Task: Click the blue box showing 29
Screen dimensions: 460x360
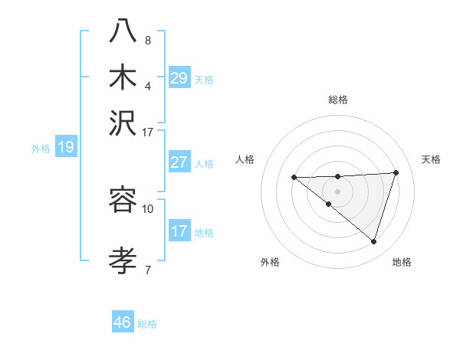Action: [x=179, y=78]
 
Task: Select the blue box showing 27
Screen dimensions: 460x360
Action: [x=179, y=162]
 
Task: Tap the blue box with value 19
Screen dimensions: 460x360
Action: [x=65, y=147]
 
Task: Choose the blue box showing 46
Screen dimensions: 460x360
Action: [x=123, y=322]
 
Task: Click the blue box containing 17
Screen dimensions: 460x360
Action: [x=179, y=231]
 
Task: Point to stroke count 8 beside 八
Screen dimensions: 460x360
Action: [x=148, y=40]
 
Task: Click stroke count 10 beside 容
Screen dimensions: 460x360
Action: [x=148, y=208]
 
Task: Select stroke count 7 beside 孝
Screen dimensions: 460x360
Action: [x=148, y=269]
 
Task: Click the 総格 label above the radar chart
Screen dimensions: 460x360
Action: [x=338, y=100]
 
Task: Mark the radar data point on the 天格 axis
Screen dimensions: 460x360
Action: [x=396, y=172]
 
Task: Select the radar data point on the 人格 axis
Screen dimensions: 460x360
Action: [x=294, y=178]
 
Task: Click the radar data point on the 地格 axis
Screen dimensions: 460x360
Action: [x=373, y=242]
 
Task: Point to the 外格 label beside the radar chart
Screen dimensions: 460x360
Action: [x=270, y=263]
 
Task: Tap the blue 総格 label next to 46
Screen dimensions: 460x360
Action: [x=147, y=324]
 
